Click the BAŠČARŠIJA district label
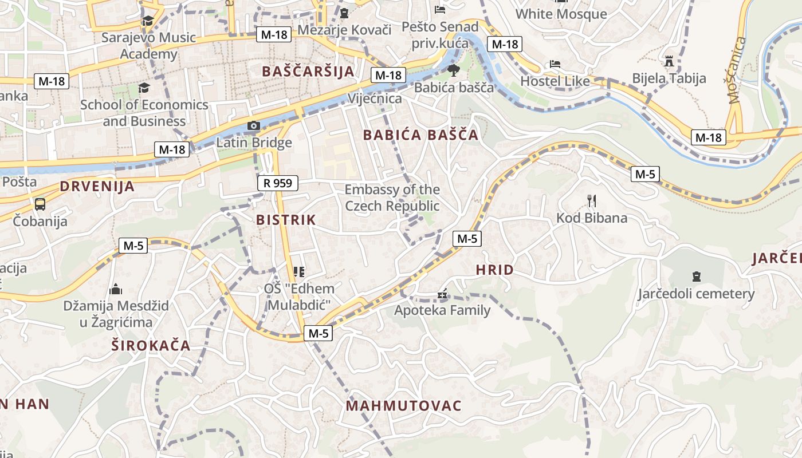pyautogui.click(x=308, y=71)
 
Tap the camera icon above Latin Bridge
pyautogui.click(x=253, y=125)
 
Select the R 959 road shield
pyautogui.click(x=278, y=183)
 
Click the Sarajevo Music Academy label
pyautogui.click(x=148, y=46)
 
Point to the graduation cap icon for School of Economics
pyautogui.click(x=143, y=88)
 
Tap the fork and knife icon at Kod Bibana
pyautogui.click(x=592, y=200)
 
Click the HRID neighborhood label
pyautogui.click(x=494, y=270)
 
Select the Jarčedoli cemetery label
pyautogui.click(x=696, y=294)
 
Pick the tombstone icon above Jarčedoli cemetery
pyautogui.click(x=696, y=277)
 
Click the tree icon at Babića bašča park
pyautogui.click(x=453, y=70)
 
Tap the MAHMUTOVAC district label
pyautogui.click(x=403, y=406)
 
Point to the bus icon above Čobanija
pyautogui.click(x=40, y=204)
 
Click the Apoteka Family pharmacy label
pyautogui.click(x=442, y=310)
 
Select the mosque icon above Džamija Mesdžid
pyautogui.click(x=116, y=289)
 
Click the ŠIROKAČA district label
pyautogui.click(x=151, y=345)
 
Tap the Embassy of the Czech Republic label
pyautogui.click(x=392, y=198)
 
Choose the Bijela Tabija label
pyautogui.click(x=669, y=78)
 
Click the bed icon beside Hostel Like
pyautogui.click(x=555, y=64)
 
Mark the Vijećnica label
pyautogui.click(x=375, y=98)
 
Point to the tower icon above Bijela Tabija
pyautogui.click(x=669, y=61)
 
